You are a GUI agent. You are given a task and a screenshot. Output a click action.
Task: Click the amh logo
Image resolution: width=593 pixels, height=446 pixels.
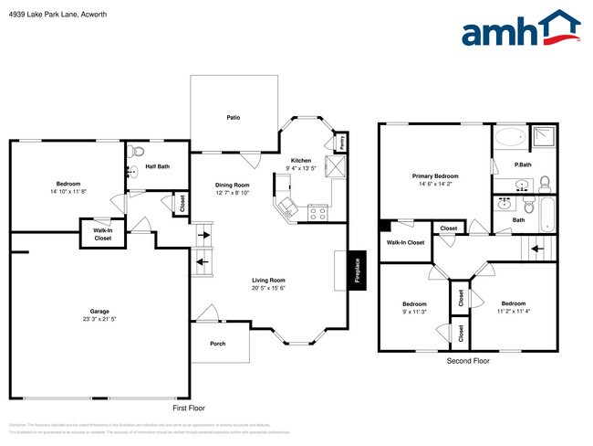click(521, 29)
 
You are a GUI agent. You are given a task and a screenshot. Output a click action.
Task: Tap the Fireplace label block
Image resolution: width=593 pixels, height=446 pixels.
click(357, 270)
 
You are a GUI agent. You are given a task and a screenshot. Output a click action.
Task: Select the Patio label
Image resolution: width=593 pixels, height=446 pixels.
click(234, 118)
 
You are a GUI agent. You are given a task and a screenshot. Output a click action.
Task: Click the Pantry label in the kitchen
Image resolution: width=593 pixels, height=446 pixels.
click(340, 143)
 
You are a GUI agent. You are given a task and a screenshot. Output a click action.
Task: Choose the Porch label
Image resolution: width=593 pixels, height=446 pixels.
click(218, 344)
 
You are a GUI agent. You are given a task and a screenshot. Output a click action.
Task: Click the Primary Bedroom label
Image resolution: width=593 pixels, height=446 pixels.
click(434, 175)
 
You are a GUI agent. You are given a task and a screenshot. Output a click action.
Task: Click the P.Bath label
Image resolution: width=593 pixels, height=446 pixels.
click(523, 165)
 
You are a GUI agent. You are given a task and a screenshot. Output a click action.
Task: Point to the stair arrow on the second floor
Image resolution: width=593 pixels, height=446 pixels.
click(537, 247)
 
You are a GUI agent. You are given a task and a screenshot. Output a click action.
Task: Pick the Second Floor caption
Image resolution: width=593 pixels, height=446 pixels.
click(468, 361)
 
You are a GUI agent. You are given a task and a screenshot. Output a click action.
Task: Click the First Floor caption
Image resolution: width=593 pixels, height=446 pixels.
click(188, 408)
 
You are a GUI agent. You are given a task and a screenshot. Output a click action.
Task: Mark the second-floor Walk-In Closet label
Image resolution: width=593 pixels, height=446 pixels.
click(405, 242)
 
